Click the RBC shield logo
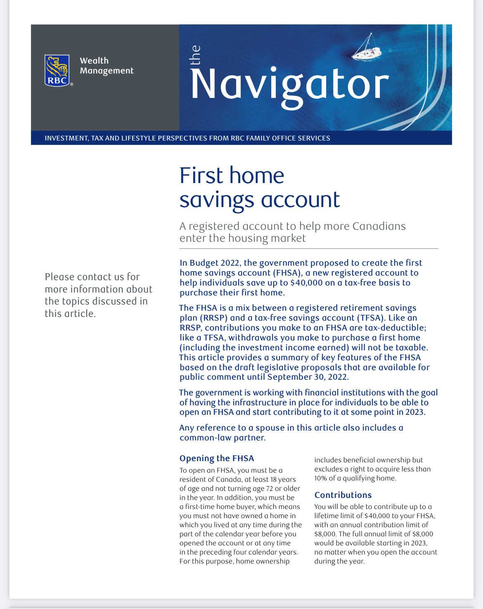tap(57, 71)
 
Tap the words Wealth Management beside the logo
tap(106, 66)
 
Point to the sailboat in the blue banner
tap(365, 49)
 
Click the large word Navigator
tap(289, 85)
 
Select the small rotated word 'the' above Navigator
tap(195, 55)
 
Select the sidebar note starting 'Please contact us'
tap(98, 295)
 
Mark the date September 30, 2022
tap(308, 377)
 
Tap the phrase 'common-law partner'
tap(222, 438)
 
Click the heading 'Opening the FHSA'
tap(217, 458)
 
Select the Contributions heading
tap(343, 495)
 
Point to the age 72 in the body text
tap(268, 488)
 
